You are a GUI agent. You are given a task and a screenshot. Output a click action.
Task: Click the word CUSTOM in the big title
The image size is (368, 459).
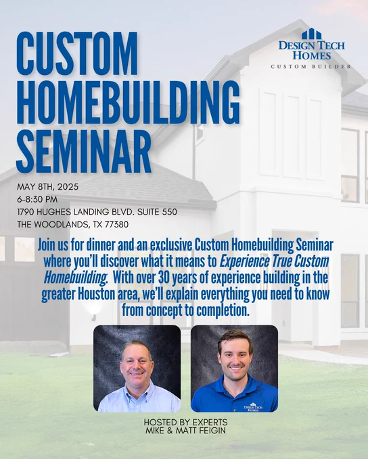tap(77, 53)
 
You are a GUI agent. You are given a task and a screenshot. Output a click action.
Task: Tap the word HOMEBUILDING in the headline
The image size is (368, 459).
tap(129, 102)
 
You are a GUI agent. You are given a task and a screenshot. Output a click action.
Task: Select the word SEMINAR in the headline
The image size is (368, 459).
tap(84, 151)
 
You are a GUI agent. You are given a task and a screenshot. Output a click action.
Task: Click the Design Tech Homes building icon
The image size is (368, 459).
tap(311, 34)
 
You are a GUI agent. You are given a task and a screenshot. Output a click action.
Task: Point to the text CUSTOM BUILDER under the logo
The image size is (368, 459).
tap(310, 67)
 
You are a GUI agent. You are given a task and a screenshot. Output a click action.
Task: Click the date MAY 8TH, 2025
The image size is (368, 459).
tap(47, 187)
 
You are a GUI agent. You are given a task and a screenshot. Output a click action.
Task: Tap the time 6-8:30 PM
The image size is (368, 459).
tap(37, 199)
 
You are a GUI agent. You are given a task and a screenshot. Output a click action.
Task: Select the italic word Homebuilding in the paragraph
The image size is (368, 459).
tap(75, 278)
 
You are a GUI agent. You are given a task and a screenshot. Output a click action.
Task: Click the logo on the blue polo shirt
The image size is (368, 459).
tap(253, 407)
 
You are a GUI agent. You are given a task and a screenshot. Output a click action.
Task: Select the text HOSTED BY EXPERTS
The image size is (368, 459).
tap(185, 423)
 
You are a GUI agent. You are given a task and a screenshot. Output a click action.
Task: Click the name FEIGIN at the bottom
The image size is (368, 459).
tap(211, 431)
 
